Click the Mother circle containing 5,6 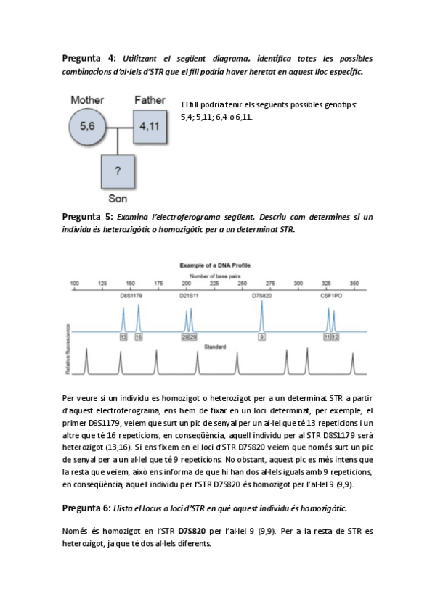coord(88,126)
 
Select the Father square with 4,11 coord(150,126)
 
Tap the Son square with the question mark coord(118,171)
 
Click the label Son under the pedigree coord(118,199)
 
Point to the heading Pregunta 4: coord(89,59)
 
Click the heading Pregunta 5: coord(88,217)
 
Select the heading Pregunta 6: coord(86,508)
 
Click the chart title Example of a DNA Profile coord(215,265)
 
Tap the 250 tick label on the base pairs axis coord(243,283)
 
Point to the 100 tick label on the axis coord(74,283)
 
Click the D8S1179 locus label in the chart coord(131,296)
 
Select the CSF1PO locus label coord(331,296)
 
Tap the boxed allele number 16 coord(139,337)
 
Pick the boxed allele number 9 coord(261,337)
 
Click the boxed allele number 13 coord(123,337)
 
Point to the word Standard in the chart coord(215,347)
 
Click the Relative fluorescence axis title coord(68,349)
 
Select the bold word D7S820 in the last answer coord(192,532)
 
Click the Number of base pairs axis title coord(215,276)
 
